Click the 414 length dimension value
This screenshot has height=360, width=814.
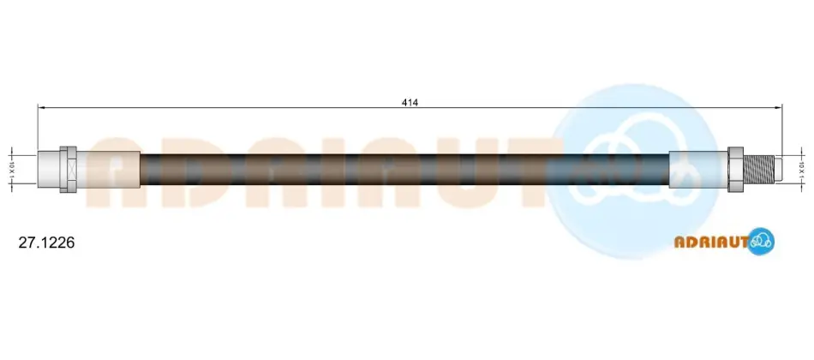410,102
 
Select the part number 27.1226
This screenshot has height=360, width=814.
47,242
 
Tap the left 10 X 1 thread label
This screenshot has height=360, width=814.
12,169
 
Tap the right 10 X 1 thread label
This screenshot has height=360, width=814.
801,170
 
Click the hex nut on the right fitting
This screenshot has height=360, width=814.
736,170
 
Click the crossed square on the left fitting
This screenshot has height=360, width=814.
72,170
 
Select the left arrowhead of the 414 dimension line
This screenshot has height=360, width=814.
41,107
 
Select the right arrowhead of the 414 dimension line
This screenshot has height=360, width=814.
778,107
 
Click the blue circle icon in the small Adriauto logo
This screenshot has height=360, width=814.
762,241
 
